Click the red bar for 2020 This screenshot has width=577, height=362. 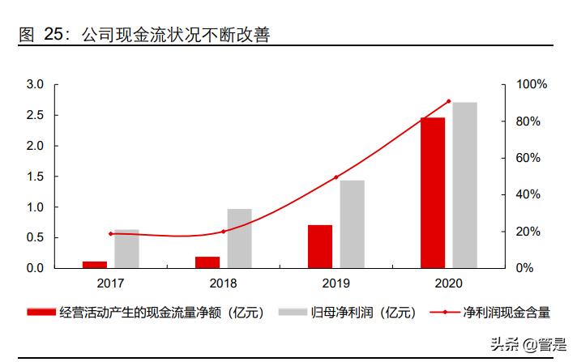coord(433,193)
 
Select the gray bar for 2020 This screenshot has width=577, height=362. coord(464,185)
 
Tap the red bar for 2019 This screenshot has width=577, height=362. coord(320,246)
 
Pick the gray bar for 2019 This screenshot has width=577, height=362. coord(352,224)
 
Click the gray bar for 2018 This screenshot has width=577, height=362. coord(239,238)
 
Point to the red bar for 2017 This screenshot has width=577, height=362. coord(95,264)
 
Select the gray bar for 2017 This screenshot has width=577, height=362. coord(126,249)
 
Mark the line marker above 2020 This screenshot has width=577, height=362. coord(448,101)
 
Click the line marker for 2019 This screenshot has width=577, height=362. coord(336,177)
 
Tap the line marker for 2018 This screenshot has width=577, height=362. coord(223,231)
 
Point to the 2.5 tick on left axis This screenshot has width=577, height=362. coord(35,115)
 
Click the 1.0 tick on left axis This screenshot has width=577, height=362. coord(35,207)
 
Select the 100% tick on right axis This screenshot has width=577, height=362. coord(532,84)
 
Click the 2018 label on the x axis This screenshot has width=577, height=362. coord(223,283)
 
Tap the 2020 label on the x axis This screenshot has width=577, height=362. coord(448,283)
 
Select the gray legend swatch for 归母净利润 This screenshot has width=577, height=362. coord(292,313)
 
